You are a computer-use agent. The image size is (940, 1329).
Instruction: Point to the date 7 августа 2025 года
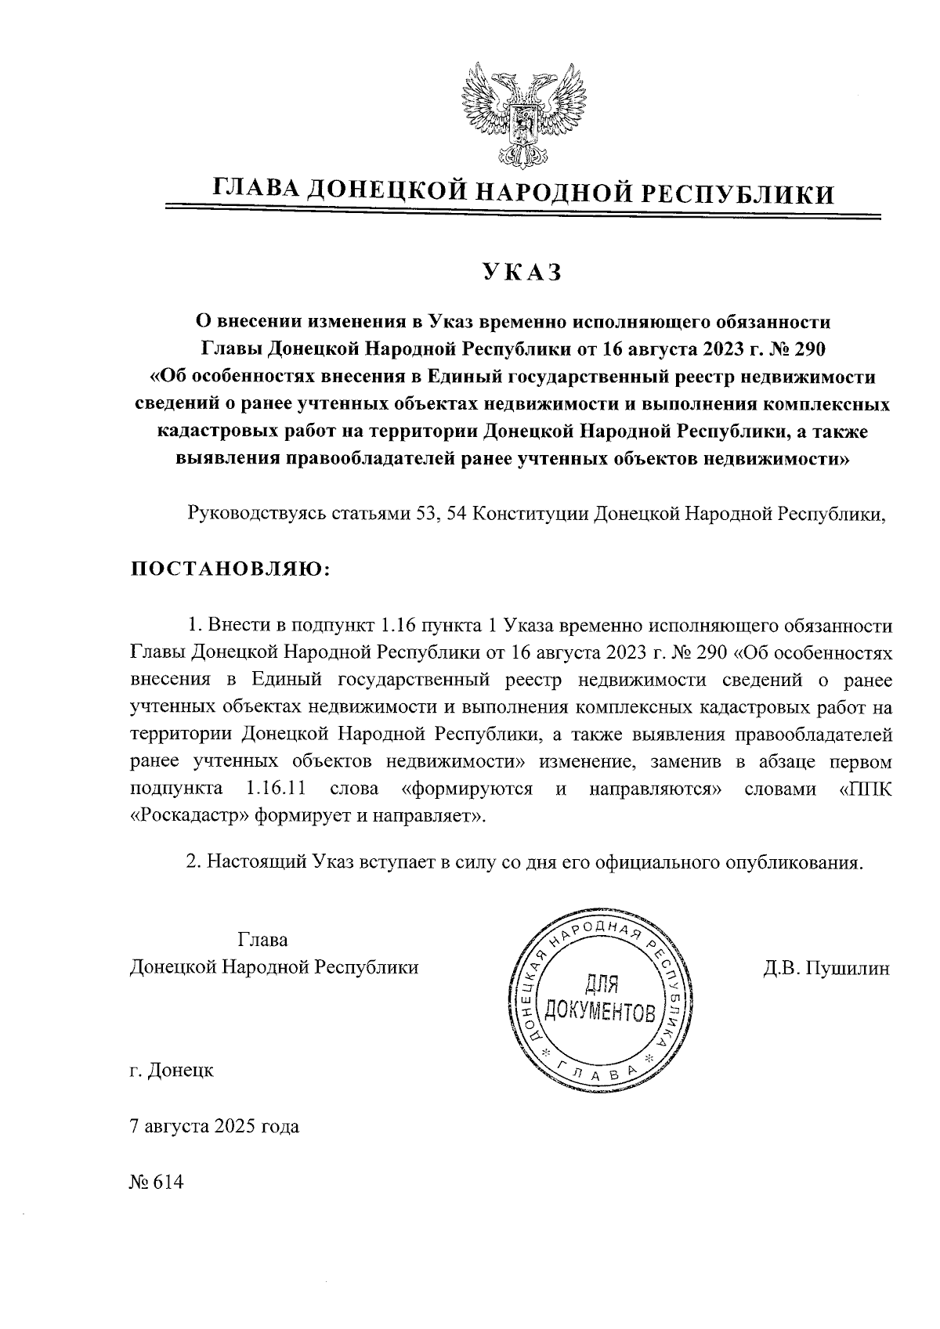(214, 1127)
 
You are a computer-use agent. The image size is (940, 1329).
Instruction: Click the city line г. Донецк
(172, 1070)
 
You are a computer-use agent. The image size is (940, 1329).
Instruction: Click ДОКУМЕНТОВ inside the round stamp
(600, 1012)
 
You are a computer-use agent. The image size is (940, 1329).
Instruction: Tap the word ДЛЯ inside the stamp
(602, 983)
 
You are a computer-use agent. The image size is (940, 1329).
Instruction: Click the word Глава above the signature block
(262, 939)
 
